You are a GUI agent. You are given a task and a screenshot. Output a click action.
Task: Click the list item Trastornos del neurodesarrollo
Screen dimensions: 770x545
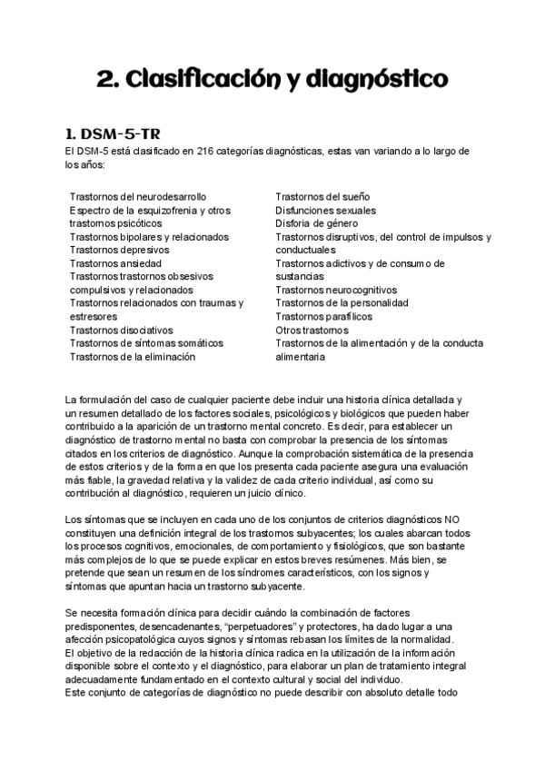137,196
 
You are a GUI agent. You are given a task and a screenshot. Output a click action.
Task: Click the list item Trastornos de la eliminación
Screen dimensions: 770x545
132,357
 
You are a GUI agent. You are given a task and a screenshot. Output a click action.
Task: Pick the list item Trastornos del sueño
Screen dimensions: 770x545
322,196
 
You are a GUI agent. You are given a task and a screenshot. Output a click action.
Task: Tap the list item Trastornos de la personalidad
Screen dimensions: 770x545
342,303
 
